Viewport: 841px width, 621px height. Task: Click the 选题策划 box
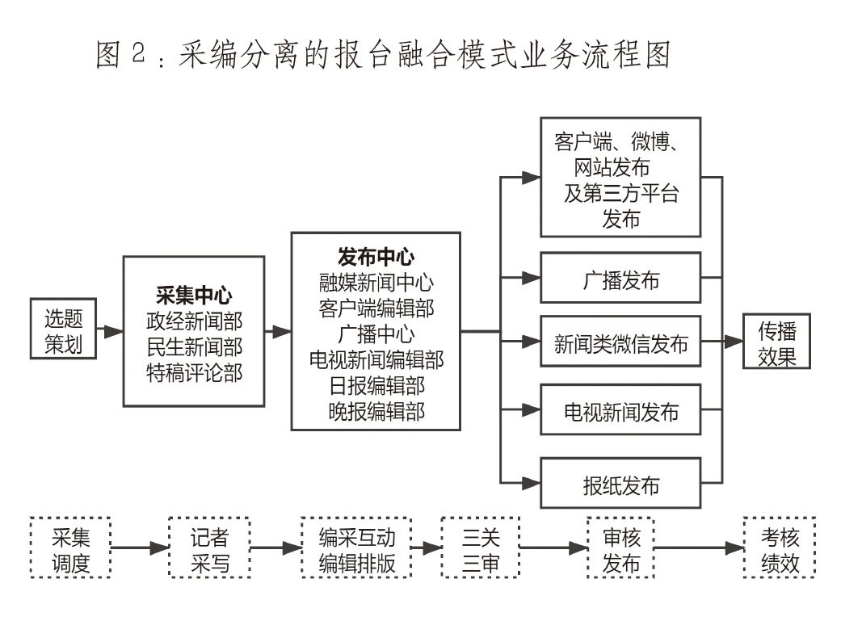click(x=64, y=330)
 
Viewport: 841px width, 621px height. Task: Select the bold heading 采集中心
click(x=194, y=294)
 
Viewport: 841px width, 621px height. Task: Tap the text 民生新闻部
click(x=194, y=346)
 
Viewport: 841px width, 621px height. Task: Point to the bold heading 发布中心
click(x=376, y=257)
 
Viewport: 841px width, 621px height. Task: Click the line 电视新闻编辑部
click(x=376, y=359)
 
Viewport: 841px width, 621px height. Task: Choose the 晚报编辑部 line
click(x=376, y=411)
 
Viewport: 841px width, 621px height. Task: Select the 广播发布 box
click(x=620, y=280)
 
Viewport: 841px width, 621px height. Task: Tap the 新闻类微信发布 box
click(x=620, y=343)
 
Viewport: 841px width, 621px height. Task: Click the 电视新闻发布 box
click(x=620, y=412)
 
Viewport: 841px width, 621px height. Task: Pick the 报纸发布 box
click(x=620, y=485)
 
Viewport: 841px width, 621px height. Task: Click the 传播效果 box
click(x=776, y=342)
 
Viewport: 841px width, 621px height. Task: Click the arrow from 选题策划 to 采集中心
click(x=110, y=331)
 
